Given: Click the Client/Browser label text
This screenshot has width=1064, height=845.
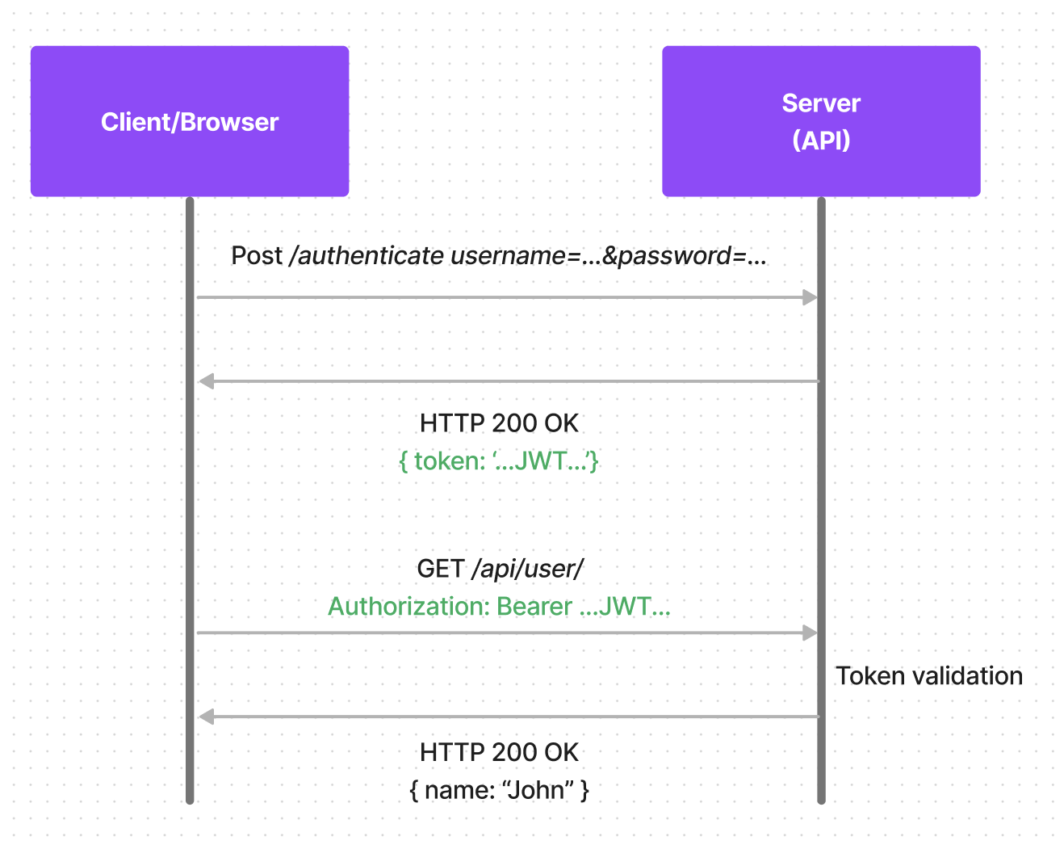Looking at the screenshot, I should point(190,122).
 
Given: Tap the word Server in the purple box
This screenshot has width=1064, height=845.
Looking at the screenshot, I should point(821,103).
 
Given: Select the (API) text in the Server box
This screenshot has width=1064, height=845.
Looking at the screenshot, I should point(821,141).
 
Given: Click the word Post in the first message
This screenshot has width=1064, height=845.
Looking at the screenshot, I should point(256,256).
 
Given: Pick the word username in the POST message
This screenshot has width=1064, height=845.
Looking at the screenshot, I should point(508,256).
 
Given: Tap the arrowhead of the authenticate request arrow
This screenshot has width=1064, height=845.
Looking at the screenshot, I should point(810,297).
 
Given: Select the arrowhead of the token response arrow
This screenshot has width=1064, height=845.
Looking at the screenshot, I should point(207,381).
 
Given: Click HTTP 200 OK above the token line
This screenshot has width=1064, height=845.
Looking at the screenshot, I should point(499,423).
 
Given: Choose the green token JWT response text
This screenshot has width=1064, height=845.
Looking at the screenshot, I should point(499,461).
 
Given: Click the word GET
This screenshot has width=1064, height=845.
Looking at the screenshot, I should point(441,569).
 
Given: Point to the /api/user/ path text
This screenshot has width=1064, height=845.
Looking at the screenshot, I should point(528,569).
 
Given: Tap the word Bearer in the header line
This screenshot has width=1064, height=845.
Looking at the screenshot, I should point(534,607).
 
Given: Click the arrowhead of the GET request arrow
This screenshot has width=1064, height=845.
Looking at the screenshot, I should point(810,633).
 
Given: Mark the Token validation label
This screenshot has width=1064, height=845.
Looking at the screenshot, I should point(928,676).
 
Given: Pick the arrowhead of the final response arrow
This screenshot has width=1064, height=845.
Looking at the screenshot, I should point(207,717).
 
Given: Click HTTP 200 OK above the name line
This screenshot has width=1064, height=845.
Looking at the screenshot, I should point(499,752).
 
